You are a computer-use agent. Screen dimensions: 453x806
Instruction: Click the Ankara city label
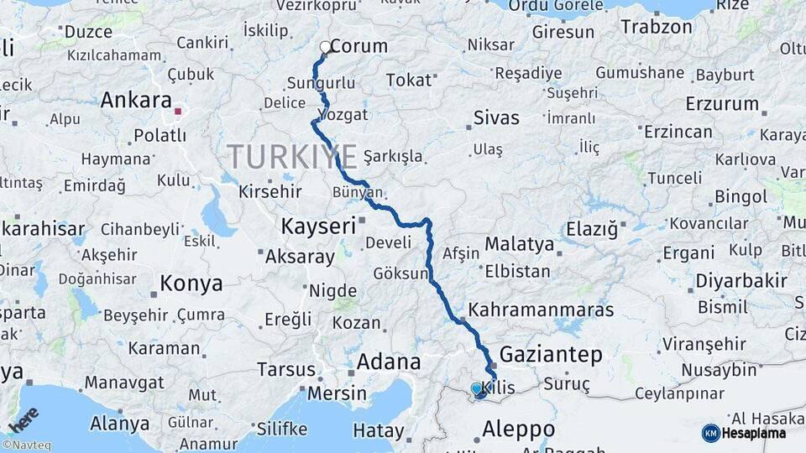[136, 101]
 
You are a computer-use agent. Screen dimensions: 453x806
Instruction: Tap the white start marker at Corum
[326, 47]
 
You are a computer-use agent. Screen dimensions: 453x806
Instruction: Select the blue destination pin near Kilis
[477, 389]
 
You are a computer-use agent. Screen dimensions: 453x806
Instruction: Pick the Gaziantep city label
[551, 355]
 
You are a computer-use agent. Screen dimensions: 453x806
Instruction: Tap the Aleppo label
[518, 430]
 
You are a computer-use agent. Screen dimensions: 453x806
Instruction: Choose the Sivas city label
[496, 117]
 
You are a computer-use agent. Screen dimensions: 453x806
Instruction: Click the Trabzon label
[656, 26]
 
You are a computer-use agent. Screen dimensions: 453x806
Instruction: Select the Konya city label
[191, 284]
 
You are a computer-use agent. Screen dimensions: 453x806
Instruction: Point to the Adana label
[389, 362]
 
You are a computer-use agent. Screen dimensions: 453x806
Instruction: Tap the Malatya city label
[520, 245]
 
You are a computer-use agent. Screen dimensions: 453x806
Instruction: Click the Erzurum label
[721, 105]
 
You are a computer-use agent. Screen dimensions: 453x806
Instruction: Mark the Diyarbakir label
[741, 281]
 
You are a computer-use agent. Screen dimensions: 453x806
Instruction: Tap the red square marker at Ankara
[177, 110]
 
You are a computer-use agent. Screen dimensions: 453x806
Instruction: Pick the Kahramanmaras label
[541, 310]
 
